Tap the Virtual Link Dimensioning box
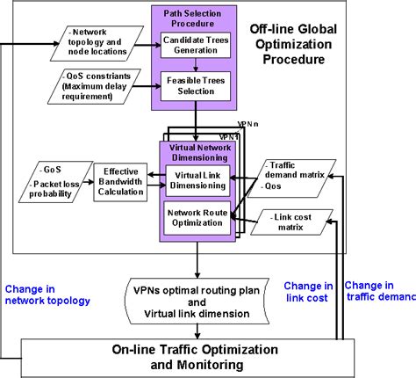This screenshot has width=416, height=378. click(x=197, y=178)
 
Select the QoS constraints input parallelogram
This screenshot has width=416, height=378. click(x=98, y=88)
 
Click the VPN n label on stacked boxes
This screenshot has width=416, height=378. click(x=247, y=124)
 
